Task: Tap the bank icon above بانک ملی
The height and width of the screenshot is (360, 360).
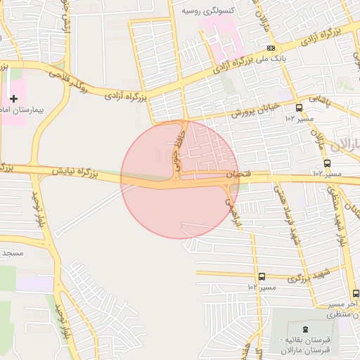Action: point(271,47)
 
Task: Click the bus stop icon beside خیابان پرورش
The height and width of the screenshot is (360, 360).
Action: point(300,108)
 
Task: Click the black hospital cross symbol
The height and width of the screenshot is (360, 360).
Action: point(13,98)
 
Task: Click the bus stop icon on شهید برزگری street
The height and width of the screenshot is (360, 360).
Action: point(262,276)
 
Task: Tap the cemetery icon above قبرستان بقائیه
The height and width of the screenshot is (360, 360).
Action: point(304,328)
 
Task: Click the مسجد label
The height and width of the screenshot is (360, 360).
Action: point(13,252)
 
